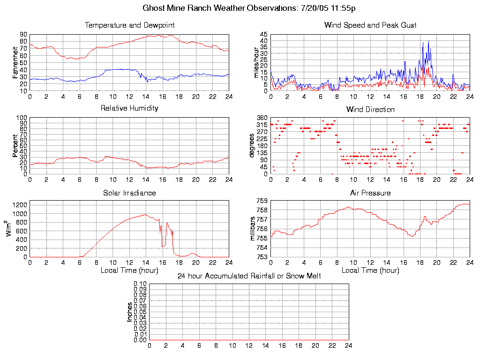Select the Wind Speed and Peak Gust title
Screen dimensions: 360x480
pyautogui.click(x=370, y=25)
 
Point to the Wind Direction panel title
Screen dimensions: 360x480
pyautogui.click(x=370, y=110)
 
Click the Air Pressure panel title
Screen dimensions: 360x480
pyautogui.click(x=370, y=193)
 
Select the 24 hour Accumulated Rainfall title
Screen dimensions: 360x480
pyautogui.click(x=249, y=276)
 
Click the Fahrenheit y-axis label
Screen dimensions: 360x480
pyautogui.click(x=15, y=62)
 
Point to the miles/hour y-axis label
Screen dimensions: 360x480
pyautogui.click(x=256, y=62)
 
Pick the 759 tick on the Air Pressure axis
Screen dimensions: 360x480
pyautogui.click(x=262, y=201)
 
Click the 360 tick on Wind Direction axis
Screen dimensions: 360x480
pyautogui.click(x=262, y=118)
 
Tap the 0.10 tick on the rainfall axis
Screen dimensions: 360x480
pyautogui.click(x=140, y=284)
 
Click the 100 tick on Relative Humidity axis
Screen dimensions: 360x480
pyautogui.click(x=22, y=118)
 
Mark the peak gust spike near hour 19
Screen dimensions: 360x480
pyautogui.click(x=428, y=42)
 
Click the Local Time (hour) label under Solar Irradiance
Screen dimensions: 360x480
pyautogui.click(x=130, y=270)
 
